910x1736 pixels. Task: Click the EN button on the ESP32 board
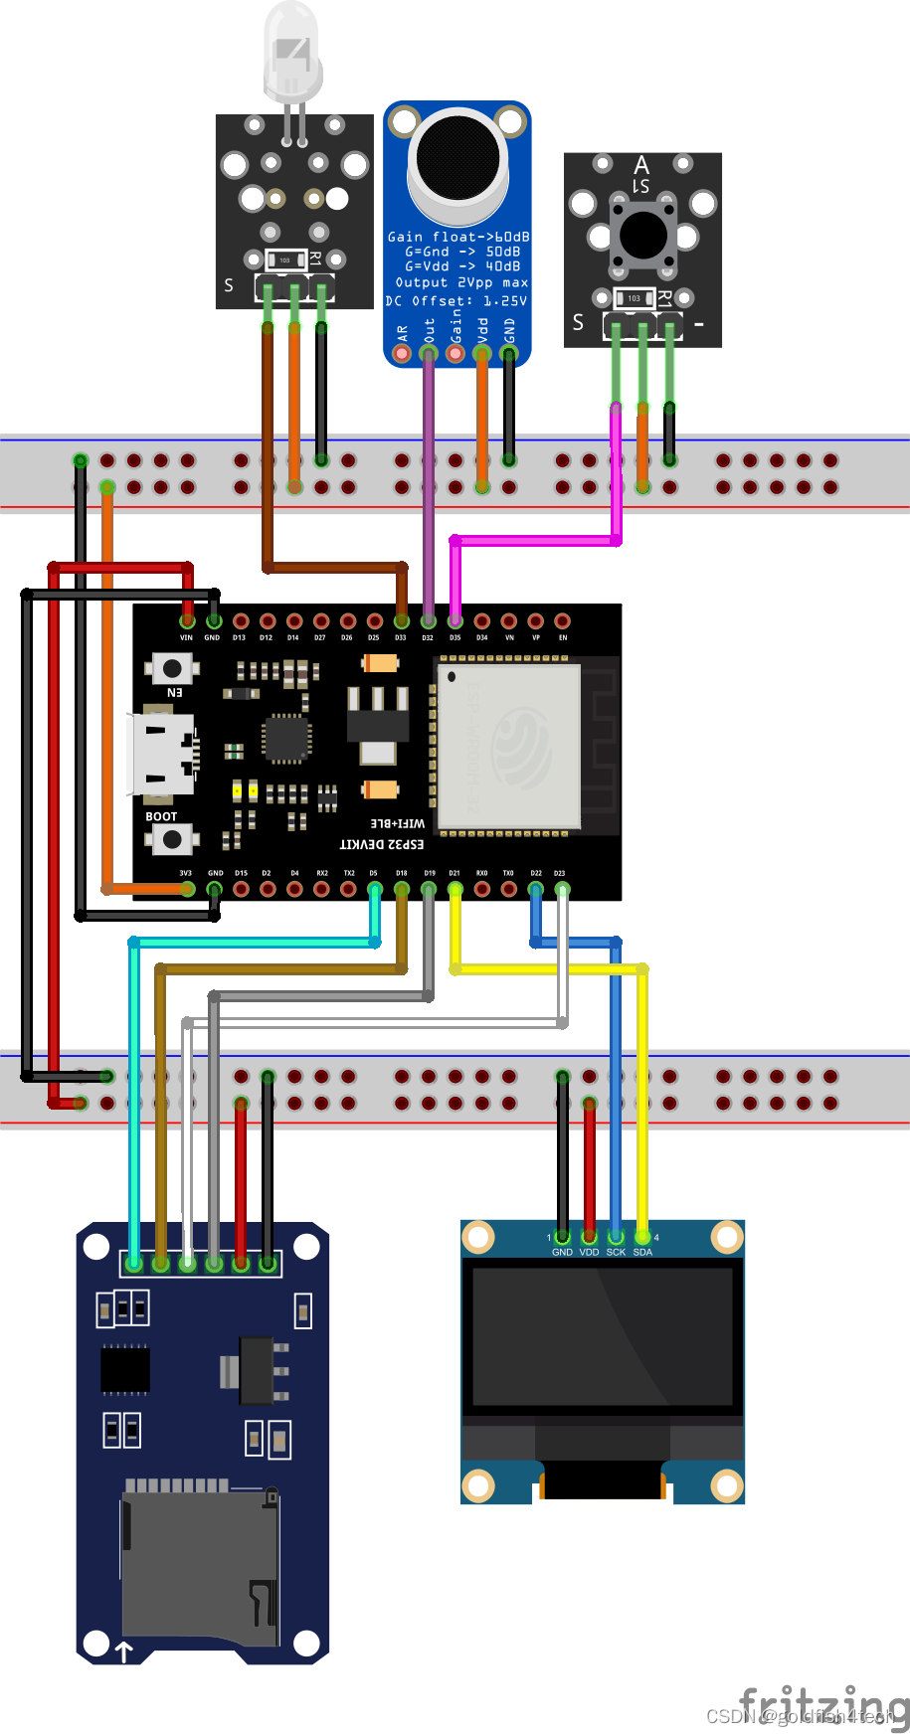[x=172, y=667]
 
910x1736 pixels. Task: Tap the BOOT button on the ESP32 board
[x=172, y=839]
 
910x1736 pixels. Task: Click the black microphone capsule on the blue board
[x=458, y=157]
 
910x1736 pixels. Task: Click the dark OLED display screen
[x=603, y=1336]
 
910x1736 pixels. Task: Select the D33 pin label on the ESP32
[x=401, y=637]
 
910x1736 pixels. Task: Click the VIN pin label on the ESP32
[x=186, y=637]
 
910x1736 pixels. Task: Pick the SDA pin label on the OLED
[x=642, y=1252]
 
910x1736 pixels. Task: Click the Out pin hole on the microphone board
[x=429, y=353]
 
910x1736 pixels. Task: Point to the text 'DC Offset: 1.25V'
[x=456, y=300]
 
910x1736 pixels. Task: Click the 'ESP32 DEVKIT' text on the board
[x=382, y=844]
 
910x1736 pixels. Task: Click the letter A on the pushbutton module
[x=641, y=164]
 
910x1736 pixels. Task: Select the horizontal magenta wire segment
[x=537, y=540]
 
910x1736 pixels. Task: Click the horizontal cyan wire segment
[x=254, y=942]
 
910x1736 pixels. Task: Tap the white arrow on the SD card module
[x=123, y=1651]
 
